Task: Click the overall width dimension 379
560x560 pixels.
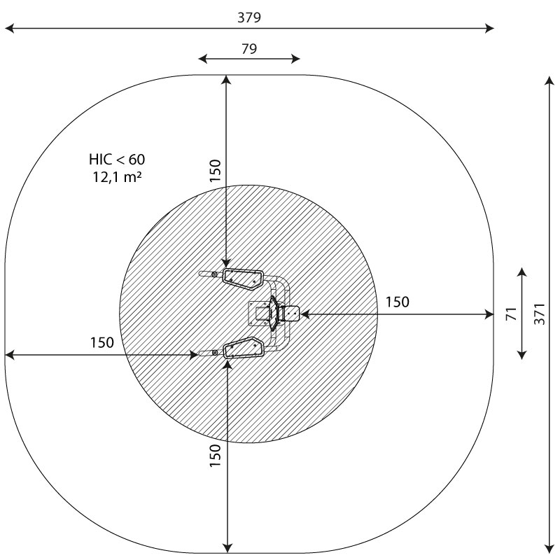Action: tap(249, 17)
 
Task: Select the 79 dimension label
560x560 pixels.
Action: tap(249, 48)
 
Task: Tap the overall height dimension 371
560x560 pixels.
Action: tap(540, 314)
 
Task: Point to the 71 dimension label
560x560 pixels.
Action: tap(512, 314)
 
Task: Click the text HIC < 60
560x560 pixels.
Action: tap(117, 160)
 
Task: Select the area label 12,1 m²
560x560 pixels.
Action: tap(118, 177)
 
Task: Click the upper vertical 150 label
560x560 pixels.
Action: tap(215, 171)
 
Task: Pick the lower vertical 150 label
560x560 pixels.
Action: tap(215, 456)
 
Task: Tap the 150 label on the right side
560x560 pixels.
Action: tap(397, 302)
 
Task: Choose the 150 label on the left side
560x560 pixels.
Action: tap(101, 342)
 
